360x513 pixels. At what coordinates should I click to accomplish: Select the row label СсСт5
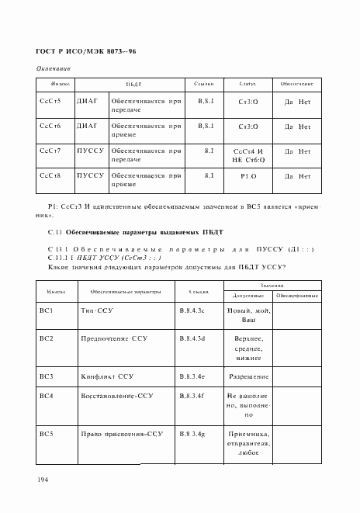(x=50, y=101)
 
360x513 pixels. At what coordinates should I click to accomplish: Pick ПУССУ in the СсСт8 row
(x=90, y=175)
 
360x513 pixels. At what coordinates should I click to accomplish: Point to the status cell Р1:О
(x=248, y=176)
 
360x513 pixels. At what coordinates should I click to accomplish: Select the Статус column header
(x=248, y=83)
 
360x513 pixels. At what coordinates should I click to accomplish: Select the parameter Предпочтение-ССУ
(x=113, y=339)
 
